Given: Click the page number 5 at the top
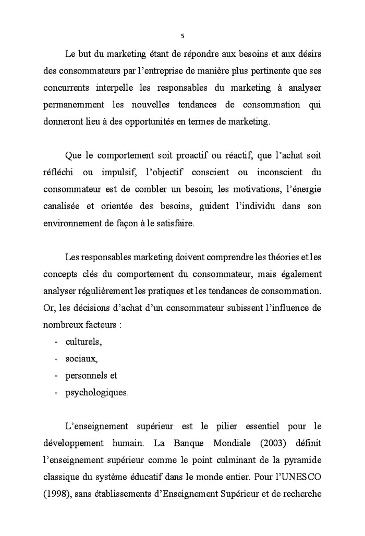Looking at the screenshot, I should pos(182,36).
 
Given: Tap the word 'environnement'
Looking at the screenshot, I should pos(71,223).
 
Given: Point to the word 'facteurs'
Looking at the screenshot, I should pos(100,324).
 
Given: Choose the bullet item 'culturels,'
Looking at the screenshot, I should pos(83,342).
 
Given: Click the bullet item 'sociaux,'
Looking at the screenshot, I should pos(81,359).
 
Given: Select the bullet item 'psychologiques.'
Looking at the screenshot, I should pos(96,392).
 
